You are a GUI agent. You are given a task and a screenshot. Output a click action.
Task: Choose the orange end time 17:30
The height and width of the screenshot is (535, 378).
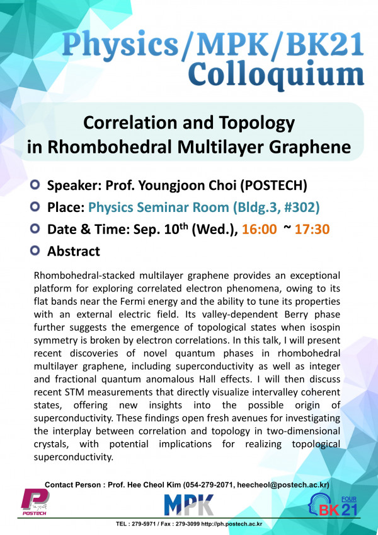(315, 229)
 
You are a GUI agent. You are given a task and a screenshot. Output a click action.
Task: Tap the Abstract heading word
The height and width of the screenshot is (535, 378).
(74, 251)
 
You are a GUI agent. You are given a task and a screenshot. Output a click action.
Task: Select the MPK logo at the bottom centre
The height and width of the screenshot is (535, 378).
(189, 505)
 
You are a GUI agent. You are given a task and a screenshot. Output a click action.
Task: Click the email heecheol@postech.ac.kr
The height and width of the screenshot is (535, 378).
(277, 485)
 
